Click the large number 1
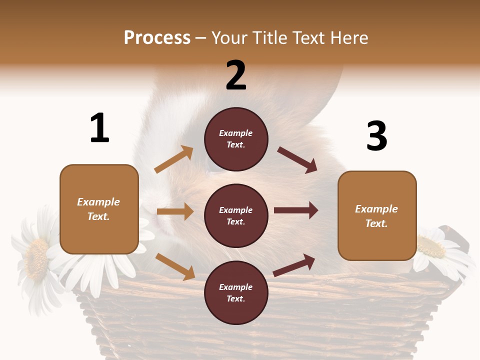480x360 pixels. point(99,128)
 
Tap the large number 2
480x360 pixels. point(236,75)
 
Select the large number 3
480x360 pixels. point(377,136)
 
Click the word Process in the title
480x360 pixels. point(157,37)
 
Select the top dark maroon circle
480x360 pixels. point(236,139)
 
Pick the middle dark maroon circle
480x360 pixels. point(236,216)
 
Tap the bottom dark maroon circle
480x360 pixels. point(236,293)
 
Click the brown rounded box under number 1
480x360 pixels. point(99,209)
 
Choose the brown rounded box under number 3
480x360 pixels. point(377,216)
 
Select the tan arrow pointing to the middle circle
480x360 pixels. point(175,211)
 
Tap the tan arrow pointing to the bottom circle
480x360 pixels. point(175,266)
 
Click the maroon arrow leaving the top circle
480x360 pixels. point(297,160)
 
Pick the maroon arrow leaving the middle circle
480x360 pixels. point(296,210)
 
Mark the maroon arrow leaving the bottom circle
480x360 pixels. point(294,265)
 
